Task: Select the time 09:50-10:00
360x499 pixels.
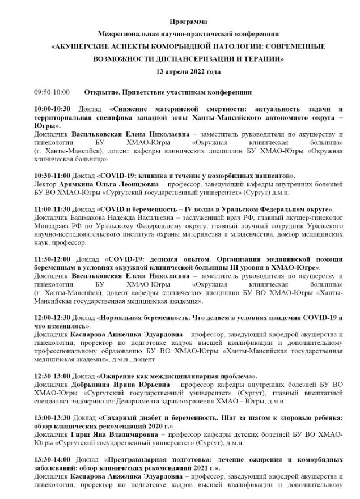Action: (52, 92)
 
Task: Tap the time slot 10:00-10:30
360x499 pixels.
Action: (52, 108)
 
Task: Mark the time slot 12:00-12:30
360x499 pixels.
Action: (52, 318)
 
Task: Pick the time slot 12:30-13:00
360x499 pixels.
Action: (52, 376)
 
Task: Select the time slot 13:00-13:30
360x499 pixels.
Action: (52, 417)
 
